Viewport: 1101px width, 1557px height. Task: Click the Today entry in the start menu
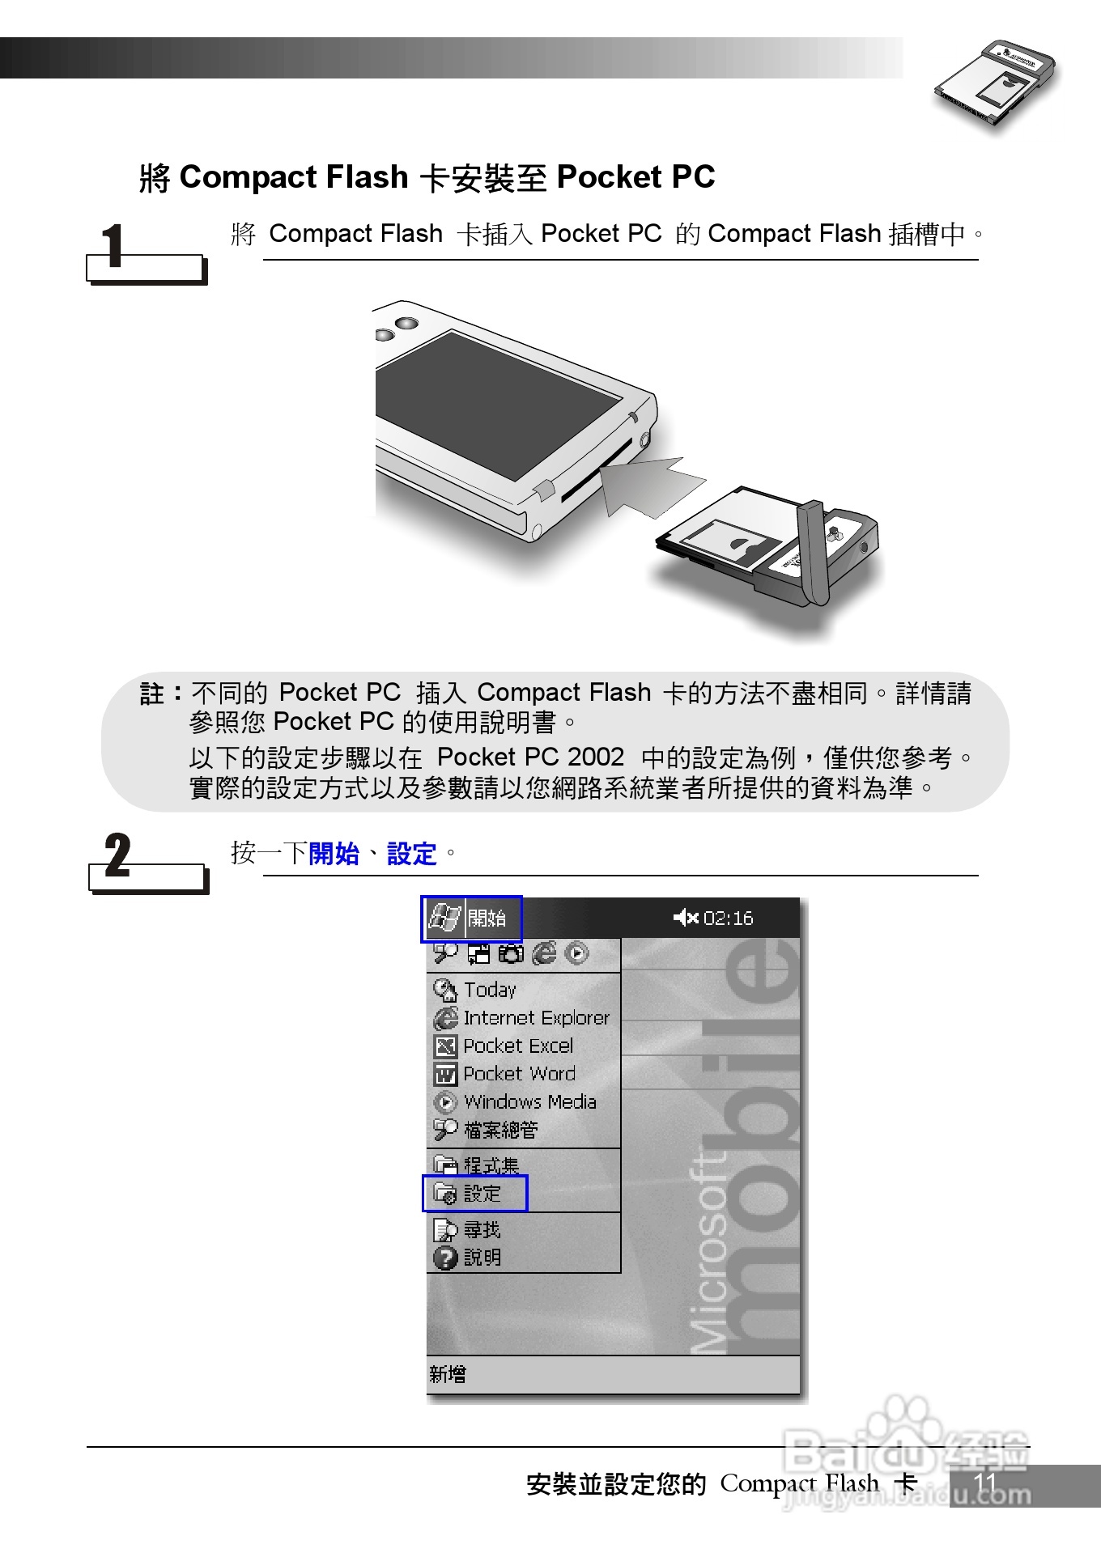tap(489, 990)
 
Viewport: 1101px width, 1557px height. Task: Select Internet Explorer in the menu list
tap(534, 1018)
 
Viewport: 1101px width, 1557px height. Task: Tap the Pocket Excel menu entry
tap(517, 1046)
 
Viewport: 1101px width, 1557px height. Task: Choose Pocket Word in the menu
tap(518, 1074)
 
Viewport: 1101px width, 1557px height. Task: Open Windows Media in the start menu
tap(529, 1102)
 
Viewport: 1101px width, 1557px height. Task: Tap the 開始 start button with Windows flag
tap(470, 919)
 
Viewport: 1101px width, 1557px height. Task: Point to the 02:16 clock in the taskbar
tap(727, 918)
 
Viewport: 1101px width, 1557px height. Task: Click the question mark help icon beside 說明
tap(445, 1258)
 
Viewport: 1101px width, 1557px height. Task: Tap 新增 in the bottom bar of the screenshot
tap(448, 1374)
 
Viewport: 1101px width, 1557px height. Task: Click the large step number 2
tap(118, 855)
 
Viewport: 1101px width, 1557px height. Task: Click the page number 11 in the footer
tap(984, 1483)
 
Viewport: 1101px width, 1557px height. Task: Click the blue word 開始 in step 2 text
tap(334, 854)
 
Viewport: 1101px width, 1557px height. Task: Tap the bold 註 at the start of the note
tap(152, 694)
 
